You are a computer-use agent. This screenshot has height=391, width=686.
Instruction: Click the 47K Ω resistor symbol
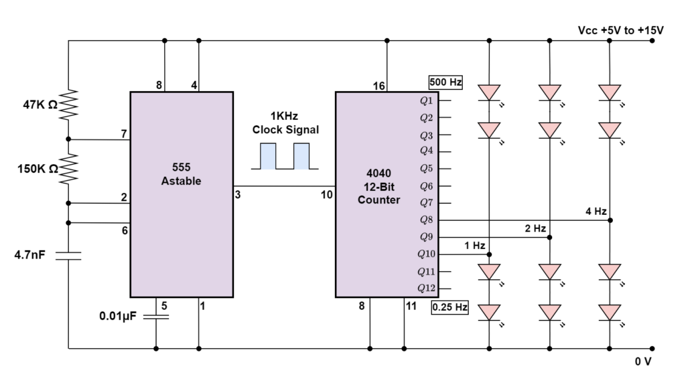pos(68,104)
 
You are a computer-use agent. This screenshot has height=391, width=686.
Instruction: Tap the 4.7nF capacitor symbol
pos(68,254)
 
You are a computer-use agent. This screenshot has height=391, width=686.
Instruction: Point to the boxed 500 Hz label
pos(446,83)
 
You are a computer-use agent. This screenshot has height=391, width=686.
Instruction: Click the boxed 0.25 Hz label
pos(450,308)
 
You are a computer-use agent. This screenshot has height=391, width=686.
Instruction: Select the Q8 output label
pos(427,220)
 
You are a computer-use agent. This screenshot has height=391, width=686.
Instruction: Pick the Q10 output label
pos(426,254)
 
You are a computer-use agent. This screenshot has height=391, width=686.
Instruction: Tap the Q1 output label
pos(427,100)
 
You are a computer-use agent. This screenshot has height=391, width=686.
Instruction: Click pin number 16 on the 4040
pos(379,85)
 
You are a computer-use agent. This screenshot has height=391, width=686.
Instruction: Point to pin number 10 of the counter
pos(327,195)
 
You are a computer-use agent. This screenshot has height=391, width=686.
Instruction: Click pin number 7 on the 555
pos(124,134)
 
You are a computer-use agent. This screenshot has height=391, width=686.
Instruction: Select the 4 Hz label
pos(596,212)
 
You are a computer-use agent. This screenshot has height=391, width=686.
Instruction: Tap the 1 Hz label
pos(474,246)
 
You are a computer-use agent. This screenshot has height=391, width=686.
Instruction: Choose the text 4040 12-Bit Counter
pos(379,186)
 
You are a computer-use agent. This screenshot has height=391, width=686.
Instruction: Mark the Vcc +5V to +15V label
pos(620,30)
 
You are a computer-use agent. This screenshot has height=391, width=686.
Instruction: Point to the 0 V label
pos(644,362)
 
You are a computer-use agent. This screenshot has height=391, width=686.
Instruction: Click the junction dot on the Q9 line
pos(549,237)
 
